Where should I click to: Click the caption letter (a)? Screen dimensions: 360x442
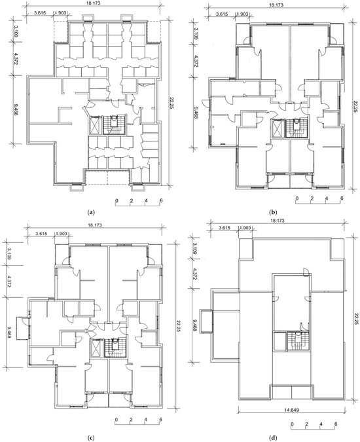click(x=91, y=212)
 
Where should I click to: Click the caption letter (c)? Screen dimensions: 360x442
click(x=91, y=437)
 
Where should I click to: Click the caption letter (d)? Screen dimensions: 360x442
click(x=272, y=437)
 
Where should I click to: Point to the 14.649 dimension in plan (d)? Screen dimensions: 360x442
click(x=291, y=409)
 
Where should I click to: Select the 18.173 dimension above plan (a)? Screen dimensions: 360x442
click(x=94, y=4)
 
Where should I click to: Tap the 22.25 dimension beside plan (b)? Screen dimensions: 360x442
click(x=355, y=104)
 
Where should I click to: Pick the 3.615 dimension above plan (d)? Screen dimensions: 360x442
click(x=225, y=228)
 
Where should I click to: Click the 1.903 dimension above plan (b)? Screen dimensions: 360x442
click(x=243, y=14)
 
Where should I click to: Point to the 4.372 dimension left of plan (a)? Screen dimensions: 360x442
click(x=16, y=59)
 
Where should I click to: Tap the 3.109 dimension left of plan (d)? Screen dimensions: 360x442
click(x=195, y=248)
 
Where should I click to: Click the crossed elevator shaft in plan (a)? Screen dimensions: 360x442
click(x=95, y=125)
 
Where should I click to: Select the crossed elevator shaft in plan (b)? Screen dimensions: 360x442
click(x=278, y=129)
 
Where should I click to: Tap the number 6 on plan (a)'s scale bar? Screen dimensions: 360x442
click(x=161, y=201)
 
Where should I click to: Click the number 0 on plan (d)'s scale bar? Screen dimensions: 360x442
click(x=292, y=424)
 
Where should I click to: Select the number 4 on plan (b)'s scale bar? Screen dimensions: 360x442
click(x=327, y=198)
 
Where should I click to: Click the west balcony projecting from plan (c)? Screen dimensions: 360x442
click(x=22, y=328)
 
